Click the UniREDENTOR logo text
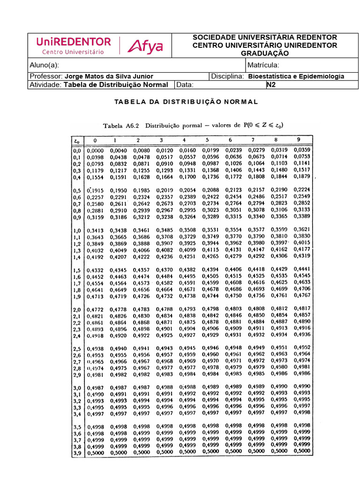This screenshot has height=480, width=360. point(74,42)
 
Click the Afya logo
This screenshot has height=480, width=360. point(145,46)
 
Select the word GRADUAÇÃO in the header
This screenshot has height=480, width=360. point(265,53)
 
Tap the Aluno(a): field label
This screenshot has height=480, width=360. point(44,65)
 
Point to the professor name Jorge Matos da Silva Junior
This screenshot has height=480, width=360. point(109,76)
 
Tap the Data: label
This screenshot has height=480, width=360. point(185,85)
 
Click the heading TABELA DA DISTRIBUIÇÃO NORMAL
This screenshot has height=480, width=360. point(187,102)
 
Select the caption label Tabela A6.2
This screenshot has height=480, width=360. point(121,125)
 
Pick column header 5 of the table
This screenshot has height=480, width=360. point(207,140)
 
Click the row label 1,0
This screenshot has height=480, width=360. point(77,231)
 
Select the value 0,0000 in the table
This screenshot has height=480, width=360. point(96,150)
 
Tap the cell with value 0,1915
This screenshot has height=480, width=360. point(96,190)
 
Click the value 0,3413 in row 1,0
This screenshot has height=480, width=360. point(96,231)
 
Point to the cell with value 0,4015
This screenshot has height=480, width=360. point(301,244)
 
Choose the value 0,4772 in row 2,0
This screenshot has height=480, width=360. point(96,310)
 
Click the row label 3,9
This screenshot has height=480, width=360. point(77,453)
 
